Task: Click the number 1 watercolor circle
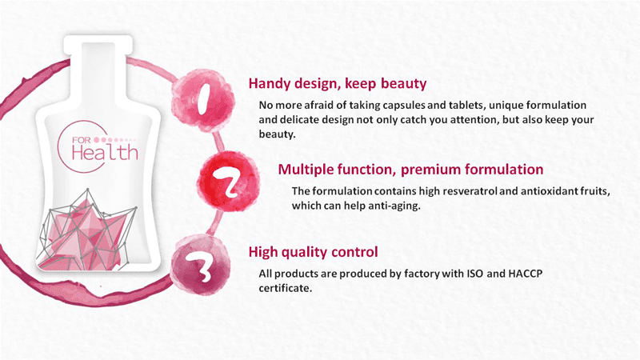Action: [203, 101]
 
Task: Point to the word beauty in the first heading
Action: [404, 84]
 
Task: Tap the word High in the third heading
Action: [262, 252]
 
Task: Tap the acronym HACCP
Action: [526, 273]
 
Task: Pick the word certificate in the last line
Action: [286, 288]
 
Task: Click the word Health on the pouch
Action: [105, 153]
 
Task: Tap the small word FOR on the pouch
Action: [82, 140]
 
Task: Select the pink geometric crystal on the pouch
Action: [88, 230]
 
